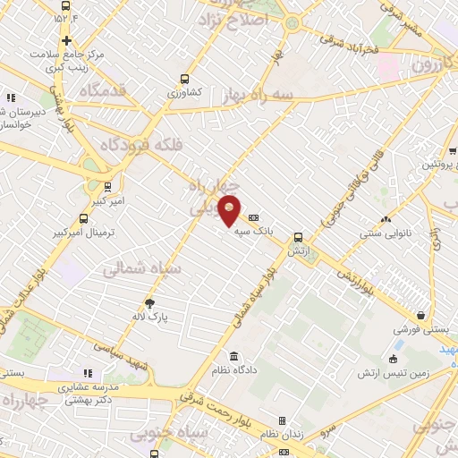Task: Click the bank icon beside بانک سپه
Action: tap(254, 217)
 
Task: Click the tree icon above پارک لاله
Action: tap(162, 304)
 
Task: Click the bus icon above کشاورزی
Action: tap(184, 79)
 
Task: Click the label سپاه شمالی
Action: tap(141, 267)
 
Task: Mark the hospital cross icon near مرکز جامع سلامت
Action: tap(67, 40)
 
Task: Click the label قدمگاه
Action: tap(100, 89)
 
